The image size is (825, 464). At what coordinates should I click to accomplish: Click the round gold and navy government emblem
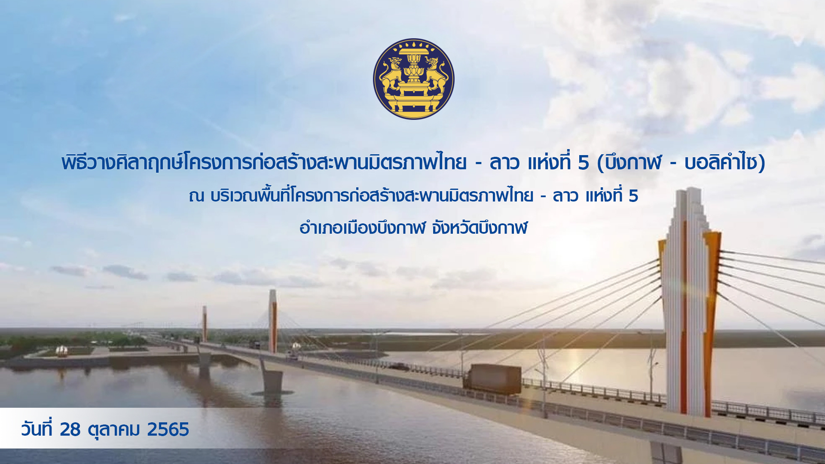(x=413, y=79)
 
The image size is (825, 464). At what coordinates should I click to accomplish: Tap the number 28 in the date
(x=70, y=429)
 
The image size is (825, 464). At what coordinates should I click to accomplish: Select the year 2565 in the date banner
(x=168, y=429)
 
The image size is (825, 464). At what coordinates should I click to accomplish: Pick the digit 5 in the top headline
(x=583, y=163)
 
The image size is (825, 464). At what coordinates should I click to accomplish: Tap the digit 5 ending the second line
(x=633, y=196)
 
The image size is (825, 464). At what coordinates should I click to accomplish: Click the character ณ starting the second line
(x=196, y=196)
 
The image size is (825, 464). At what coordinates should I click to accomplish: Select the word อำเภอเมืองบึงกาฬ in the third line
(x=362, y=227)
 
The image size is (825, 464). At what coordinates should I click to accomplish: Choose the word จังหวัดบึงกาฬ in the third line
(x=480, y=227)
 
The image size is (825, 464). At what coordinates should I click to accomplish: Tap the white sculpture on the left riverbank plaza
(x=62, y=351)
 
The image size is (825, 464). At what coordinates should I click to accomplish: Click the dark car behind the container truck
(x=399, y=366)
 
